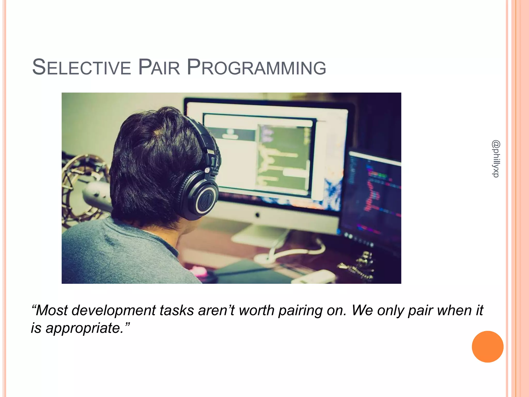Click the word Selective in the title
[82, 68]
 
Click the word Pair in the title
[159, 68]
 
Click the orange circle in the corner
[487, 347]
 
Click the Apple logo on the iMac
[257, 214]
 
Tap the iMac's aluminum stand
[261, 233]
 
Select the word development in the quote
[114, 311]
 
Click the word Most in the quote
[52, 310]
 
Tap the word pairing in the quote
[300, 311]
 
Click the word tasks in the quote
[177, 310]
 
